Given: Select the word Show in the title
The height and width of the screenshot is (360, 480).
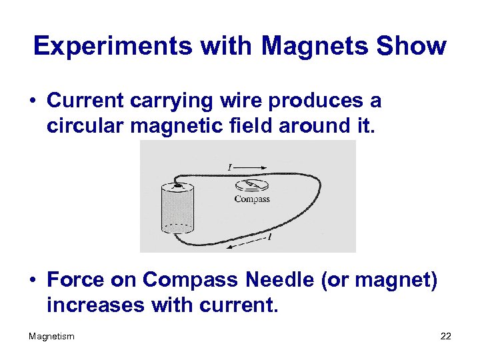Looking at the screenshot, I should (411, 46).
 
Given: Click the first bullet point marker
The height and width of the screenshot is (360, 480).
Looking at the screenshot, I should (32, 101).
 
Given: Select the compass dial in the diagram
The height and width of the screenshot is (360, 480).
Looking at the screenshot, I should (252, 185).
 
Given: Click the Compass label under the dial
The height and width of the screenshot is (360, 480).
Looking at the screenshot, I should (252, 199).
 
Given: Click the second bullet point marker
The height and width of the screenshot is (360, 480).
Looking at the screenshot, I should (32, 281).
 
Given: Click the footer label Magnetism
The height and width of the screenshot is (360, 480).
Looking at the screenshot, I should (51, 336).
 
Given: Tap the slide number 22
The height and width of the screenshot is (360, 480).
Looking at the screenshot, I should (445, 336).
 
